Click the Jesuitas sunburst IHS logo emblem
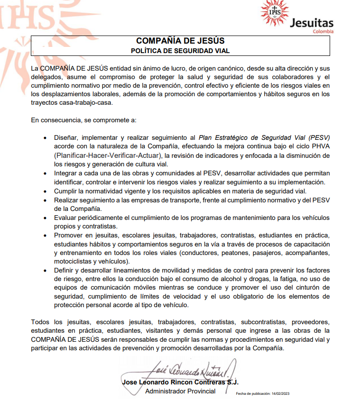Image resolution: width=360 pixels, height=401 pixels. pos(275,12)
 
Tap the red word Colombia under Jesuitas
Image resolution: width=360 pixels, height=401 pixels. pos(323,31)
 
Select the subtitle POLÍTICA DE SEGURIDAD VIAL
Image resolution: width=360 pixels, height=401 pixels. pos(180,50)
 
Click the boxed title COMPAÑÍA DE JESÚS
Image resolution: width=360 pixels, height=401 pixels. pos(180,41)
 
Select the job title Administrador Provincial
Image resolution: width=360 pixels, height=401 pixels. pos(180,391)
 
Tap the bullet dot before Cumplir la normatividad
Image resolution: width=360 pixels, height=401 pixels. pos(45,191)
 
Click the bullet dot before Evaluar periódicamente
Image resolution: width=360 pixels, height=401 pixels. pos(45,218)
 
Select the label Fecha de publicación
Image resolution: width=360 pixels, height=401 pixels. pos(252,393)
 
